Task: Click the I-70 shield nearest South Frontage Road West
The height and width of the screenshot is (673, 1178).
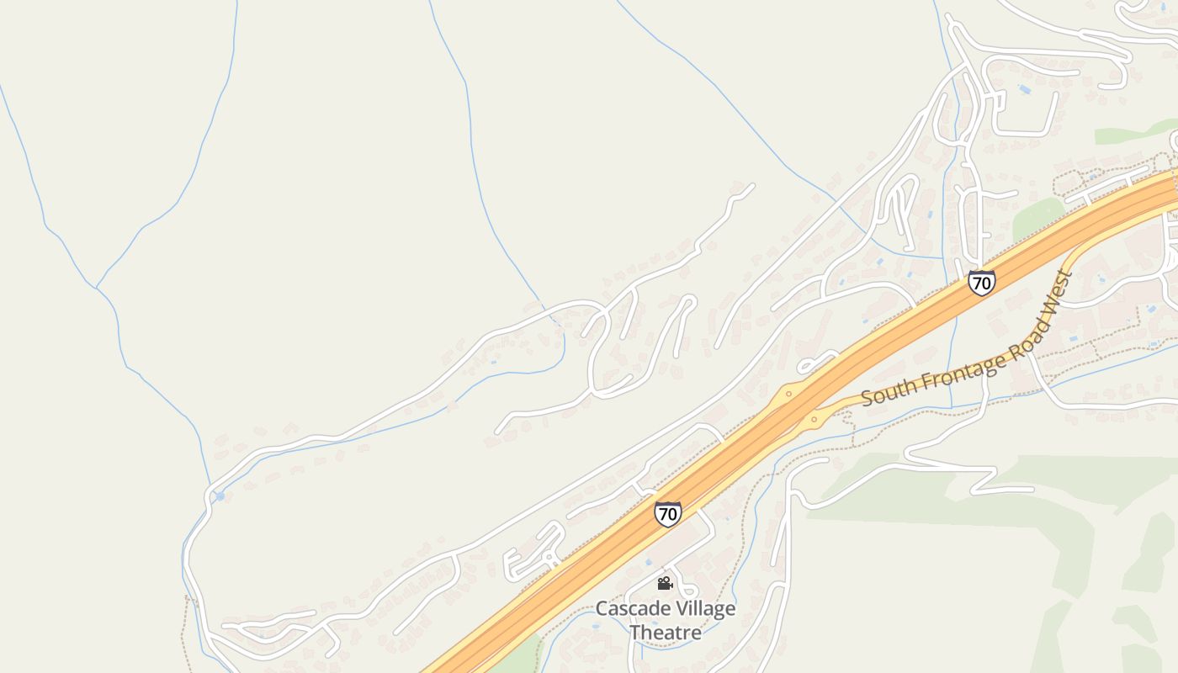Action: [x=981, y=282]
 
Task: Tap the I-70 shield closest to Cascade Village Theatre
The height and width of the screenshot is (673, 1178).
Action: [x=668, y=513]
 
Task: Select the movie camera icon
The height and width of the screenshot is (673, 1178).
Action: [x=665, y=583]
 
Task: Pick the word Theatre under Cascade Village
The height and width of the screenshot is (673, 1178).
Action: [x=665, y=631]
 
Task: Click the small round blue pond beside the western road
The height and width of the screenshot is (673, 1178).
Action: [x=220, y=496]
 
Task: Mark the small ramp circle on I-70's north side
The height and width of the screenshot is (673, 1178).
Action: [x=788, y=393]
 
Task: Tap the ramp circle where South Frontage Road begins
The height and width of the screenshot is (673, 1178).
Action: [x=814, y=418]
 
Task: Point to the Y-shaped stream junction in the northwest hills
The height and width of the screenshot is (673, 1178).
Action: [x=97, y=288]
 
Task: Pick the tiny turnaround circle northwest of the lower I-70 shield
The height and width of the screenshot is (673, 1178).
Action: [x=548, y=557]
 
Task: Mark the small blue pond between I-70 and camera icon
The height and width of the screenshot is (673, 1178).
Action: [x=648, y=562]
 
